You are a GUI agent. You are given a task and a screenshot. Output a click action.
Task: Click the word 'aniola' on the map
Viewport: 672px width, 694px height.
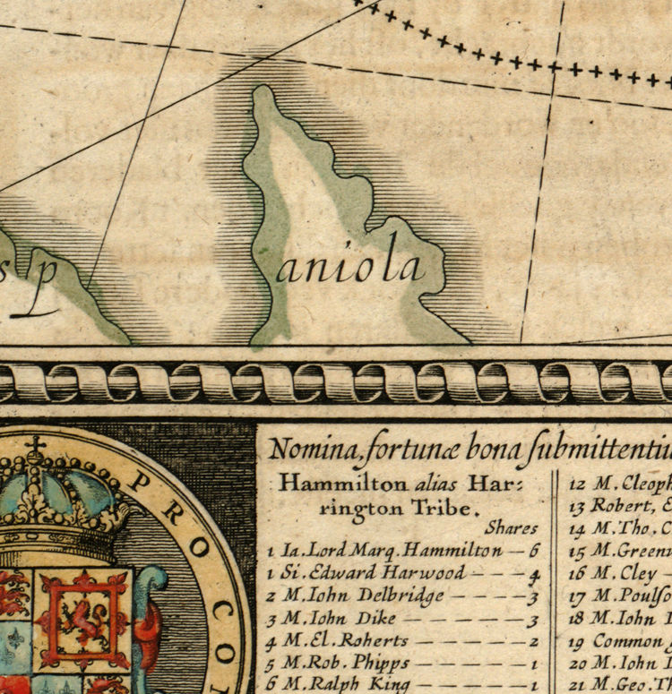click(349, 266)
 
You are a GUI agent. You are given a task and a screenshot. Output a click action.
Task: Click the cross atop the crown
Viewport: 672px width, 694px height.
click(35, 446)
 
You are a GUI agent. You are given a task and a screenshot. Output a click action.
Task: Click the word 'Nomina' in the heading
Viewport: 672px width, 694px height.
click(310, 448)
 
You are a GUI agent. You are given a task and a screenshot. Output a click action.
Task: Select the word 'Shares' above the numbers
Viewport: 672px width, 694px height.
click(512, 528)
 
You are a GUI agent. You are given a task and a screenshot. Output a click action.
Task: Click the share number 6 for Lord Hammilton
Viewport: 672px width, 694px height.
click(534, 552)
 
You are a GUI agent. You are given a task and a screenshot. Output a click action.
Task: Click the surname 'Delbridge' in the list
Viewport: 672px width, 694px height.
click(400, 595)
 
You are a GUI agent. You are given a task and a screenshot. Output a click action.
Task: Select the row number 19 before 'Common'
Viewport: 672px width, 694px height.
click(578, 641)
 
